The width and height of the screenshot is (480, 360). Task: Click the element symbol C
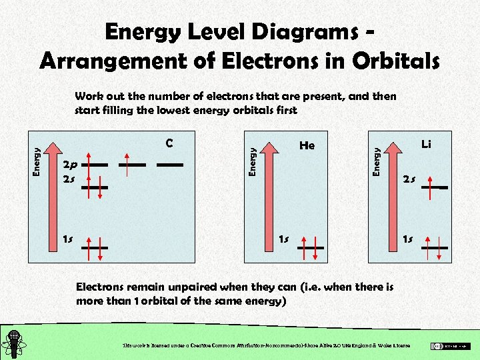pos(169,143)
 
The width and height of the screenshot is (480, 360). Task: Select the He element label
pos(307,145)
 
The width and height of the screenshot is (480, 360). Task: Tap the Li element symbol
pos(426,143)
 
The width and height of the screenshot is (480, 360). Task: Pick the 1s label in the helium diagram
pos(283,239)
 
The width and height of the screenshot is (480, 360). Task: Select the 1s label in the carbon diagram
pos(68,239)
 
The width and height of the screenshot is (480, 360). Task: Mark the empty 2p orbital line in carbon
pos(169,163)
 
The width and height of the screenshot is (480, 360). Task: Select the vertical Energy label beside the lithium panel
pos(377,162)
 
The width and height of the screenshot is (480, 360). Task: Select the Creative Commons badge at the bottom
pos(450,345)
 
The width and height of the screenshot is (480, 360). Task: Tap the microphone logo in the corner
pos(15,343)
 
